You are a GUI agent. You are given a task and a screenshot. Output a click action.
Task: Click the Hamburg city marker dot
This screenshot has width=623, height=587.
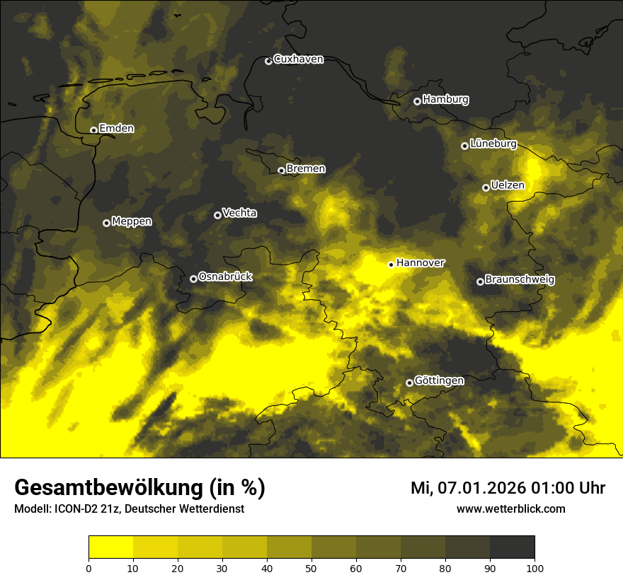[417, 101]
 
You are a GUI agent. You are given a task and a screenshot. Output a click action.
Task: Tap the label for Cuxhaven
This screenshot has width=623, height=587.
[298, 59]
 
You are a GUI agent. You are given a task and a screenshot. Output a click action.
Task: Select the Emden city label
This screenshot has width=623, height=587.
[116, 129]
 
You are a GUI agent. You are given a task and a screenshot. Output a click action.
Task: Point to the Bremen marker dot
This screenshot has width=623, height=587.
[281, 170]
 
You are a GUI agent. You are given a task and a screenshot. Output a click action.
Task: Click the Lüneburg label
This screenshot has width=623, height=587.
[493, 144]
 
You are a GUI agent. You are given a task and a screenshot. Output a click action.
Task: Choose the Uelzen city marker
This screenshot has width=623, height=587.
[486, 187]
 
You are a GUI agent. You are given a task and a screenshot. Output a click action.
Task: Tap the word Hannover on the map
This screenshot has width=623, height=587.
[420, 263]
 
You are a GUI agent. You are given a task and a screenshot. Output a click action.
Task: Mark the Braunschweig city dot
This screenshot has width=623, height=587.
[480, 281]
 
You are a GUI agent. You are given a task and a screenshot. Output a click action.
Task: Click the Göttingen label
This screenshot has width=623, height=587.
[439, 381]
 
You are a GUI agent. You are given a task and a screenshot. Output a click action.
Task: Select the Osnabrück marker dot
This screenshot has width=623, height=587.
[193, 279]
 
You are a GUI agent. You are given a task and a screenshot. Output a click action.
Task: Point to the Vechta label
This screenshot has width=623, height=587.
[239, 213]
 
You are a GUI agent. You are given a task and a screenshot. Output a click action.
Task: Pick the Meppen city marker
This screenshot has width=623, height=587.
[106, 223]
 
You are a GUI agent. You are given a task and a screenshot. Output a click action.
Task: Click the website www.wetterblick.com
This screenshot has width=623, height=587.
[510, 508]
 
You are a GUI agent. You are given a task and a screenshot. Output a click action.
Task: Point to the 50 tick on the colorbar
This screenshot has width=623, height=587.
[311, 568]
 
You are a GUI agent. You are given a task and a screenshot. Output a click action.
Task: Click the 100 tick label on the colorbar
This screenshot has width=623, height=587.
[535, 568]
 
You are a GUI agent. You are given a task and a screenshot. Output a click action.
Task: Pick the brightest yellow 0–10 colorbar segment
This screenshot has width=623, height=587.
[110, 547]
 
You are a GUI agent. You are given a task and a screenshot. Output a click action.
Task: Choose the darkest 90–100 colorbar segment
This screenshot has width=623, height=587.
[512, 547]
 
